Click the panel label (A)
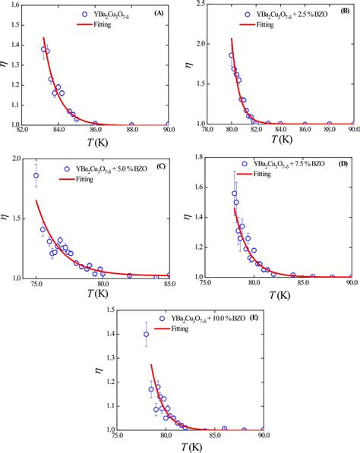click(159, 13)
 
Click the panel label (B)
click(345, 13)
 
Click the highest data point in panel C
click(36, 175)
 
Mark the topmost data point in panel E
click(147, 334)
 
